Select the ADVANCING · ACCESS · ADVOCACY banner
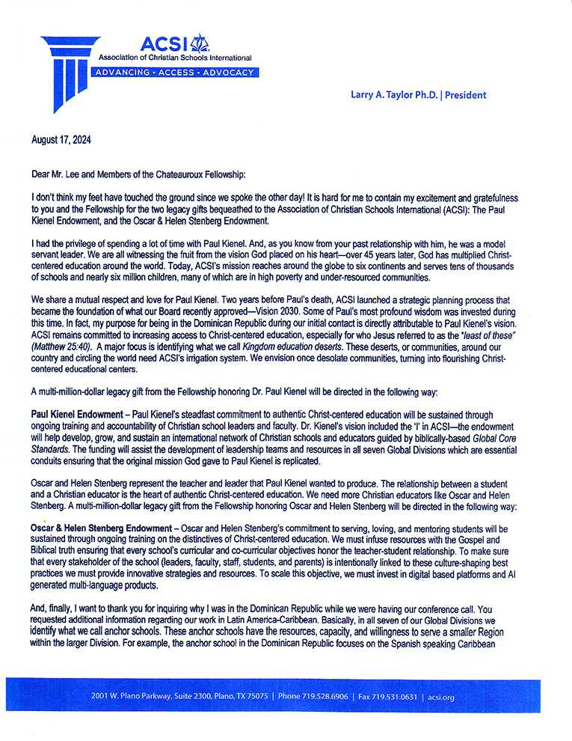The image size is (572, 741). (x=174, y=73)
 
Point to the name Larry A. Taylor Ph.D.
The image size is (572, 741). (x=393, y=95)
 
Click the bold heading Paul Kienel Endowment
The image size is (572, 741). (x=78, y=413)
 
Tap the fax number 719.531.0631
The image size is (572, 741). (x=393, y=697)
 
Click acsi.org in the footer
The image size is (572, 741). (x=441, y=697)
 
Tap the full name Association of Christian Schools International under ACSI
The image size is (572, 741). (x=172, y=57)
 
